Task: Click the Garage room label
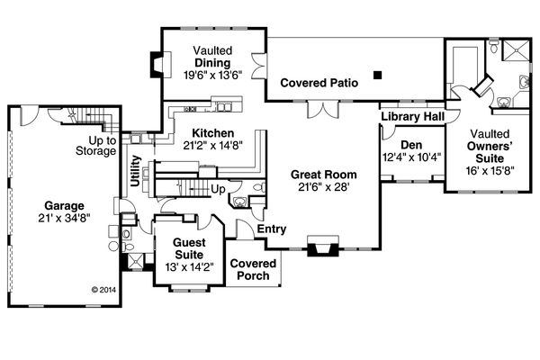[64, 206]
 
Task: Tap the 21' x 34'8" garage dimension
[64, 218]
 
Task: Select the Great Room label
[324, 175]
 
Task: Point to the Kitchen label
[212, 133]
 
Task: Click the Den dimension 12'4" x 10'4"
[412, 157]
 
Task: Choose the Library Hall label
[412, 116]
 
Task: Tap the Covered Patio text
[319, 83]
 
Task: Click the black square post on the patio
[378, 75]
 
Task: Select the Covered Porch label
[253, 269]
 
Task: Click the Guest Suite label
[189, 248]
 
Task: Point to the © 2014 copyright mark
[103, 290]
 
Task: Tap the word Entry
[272, 229]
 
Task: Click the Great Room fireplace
[323, 246]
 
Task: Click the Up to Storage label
[96, 146]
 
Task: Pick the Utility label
[136, 171]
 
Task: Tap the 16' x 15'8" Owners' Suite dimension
[490, 171]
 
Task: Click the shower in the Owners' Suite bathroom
[515, 50]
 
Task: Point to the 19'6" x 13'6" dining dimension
[212, 75]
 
